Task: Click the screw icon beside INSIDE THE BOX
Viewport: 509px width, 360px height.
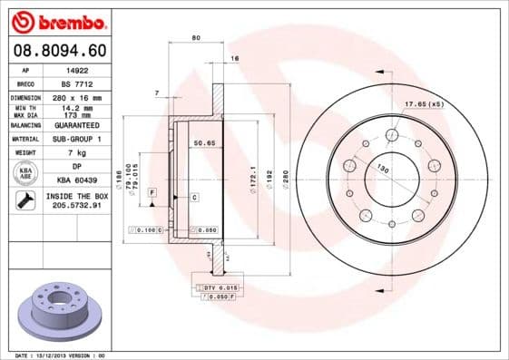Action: [x=22, y=200]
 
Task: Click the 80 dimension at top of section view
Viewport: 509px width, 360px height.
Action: [x=195, y=38]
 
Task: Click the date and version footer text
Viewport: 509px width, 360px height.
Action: [x=54, y=355]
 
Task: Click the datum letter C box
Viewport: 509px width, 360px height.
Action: [x=195, y=197]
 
